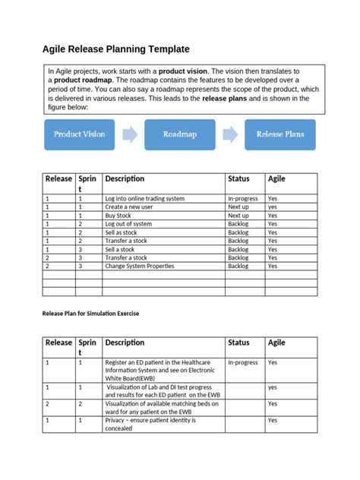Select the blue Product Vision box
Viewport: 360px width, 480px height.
pyautogui.click(x=79, y=134)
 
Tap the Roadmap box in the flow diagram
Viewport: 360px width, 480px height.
pyautogui.click(x=180, y=134)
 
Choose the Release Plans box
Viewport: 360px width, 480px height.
pyautogui.click(x=279, y=134)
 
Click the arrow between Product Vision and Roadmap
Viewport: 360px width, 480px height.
pyautogui.click(x=130, y=134)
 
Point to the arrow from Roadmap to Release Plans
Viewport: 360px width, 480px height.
pyautogui.click(x=229, y=134)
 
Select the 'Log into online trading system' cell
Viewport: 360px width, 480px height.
pyautogui.click(x=144, y=198)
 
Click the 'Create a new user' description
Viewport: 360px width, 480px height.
pyautogui.click(x=130, y=207)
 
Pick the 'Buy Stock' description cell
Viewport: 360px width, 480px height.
pyautogui.click(x=118, y=216)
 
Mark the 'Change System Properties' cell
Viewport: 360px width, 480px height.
pyautogui.click(x=140, y=267)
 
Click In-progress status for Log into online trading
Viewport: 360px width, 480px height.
pyautogui.click(x=243, y=198)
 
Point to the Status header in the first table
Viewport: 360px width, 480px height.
pyautogui.click(x=238, y=179)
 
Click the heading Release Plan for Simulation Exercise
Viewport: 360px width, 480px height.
pyautogui.click(x=90, y=313)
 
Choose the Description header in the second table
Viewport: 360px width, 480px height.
pyautogui.click(x=125, y=343)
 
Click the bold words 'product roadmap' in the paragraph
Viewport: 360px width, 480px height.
pyautogui.click(x=83, y=80)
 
